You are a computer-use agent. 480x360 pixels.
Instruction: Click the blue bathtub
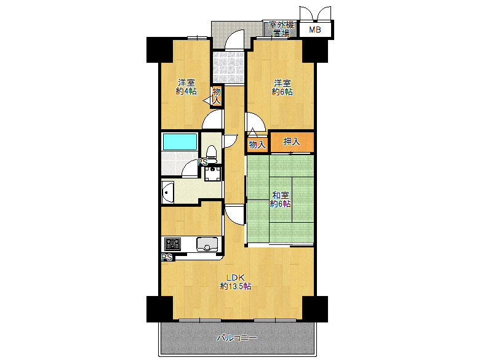pyautogui.click(x=180, y=142)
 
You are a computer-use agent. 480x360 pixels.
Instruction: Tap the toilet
pyautogui.click(x=211, y=153)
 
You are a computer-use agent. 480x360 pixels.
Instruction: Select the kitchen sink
pyautogui.click(x=207, y=244)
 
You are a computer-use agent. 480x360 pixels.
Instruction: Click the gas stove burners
pyautogui.click(x=173, y=244)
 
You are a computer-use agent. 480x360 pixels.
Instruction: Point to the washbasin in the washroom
pyautogui.click(x=167, y=192)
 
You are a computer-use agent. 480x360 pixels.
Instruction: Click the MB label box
pyautogui.click(x=315, y=30)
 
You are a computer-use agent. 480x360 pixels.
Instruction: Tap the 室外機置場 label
pyautogui.click(x=281, y=30)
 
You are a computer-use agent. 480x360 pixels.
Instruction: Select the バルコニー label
pyautogui.click(x=237, y=338)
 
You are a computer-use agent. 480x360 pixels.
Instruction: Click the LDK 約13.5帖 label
pyautogui.click(x=236, y=282)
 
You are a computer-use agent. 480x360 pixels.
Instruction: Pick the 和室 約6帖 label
pyautogui.click(x=281, y=199)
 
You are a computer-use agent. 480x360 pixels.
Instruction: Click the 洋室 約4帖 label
pyautogui.click(x=186, y=87)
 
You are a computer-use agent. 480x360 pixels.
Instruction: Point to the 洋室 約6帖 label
pyautogui.click(x=282, y=87)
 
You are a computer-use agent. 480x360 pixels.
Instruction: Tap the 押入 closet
pyautogui.click(x=292, y=142)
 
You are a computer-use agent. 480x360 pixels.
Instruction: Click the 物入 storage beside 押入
pyautogui.click(x=257, y=145)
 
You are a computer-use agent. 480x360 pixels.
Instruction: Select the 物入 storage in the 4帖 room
pyautogui.click(x=217, y=96)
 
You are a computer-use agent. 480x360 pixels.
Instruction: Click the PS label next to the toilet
pyautogui.click(x=202, y=162)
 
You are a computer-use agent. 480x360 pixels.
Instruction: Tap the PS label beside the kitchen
pyautogui.click(x=167, y=257)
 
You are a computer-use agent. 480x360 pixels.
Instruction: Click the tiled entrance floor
pyautogui.click(x=229, y=67)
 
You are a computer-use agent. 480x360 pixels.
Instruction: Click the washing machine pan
pyautogui.click(x=212, y=174)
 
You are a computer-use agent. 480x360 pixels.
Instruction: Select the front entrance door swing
pyautogui.click(x=234, y=40)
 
